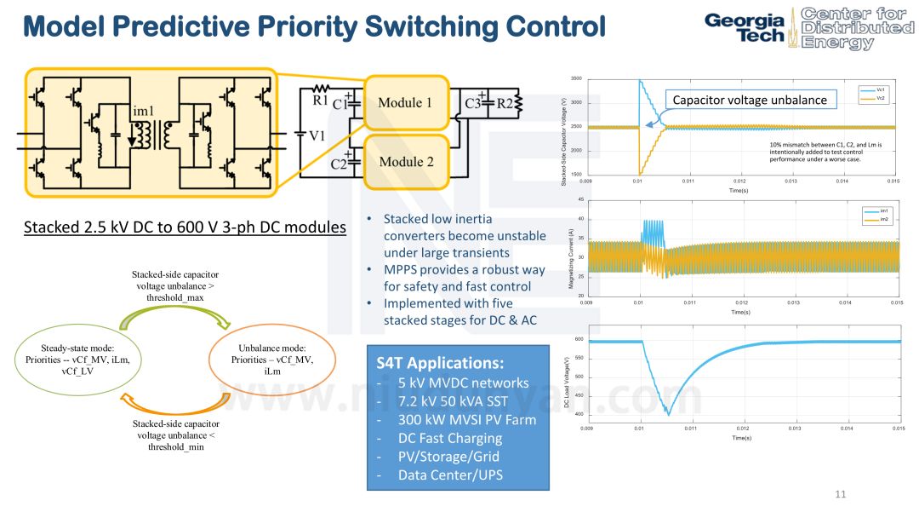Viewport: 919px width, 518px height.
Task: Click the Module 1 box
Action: [405, 103]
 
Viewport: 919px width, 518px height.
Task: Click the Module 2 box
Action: [405, 162]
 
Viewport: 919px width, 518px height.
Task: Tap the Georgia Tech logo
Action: [745, 27]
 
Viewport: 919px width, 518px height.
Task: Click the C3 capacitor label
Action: [473, 104]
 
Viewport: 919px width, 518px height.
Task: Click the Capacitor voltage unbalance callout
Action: [750, 100]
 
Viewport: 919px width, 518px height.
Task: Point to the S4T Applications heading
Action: [440, 362]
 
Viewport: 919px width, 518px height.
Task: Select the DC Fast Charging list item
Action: [450, 438]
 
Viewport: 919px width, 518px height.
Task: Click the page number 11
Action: [841, 494]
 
